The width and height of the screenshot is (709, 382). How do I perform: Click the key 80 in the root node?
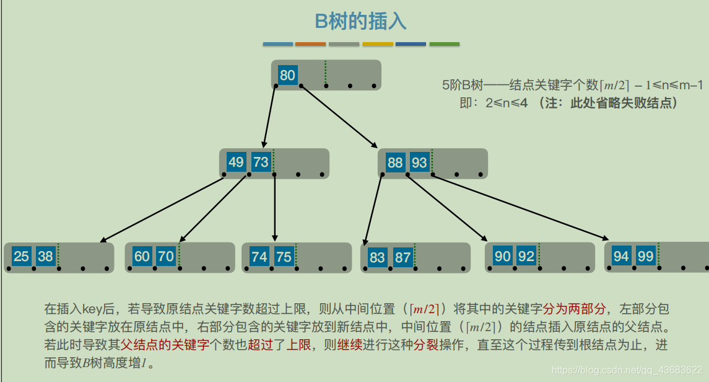[287, 76]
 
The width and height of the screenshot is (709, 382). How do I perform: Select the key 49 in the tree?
[236, 162]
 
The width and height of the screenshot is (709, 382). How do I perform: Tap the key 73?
[261, 162]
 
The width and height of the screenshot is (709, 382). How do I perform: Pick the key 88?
[395, 163]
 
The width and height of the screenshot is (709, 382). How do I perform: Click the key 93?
[419, 163]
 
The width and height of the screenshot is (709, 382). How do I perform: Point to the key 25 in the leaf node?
[22, 256]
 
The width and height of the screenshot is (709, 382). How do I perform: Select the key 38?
[45, 256]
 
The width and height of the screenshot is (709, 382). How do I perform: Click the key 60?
[142, 256]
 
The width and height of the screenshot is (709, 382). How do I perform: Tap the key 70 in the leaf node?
[166, 256]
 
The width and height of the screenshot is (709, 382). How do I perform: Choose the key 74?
[259, 257]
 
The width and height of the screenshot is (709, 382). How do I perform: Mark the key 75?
[284, 257]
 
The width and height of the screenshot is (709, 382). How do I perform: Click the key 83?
[377, 257]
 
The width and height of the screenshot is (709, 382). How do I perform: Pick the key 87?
[402, 257]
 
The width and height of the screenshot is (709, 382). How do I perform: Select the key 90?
[502, 256]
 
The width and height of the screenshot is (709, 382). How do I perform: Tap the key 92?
[526, 256]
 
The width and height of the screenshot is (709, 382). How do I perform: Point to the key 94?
[621, 256]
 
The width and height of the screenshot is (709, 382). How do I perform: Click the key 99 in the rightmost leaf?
[645, 256]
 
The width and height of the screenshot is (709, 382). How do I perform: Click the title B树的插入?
[360, 22]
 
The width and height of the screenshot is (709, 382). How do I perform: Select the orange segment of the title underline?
[310, 44]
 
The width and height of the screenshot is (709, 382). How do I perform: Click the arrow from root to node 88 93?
[339, 116]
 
